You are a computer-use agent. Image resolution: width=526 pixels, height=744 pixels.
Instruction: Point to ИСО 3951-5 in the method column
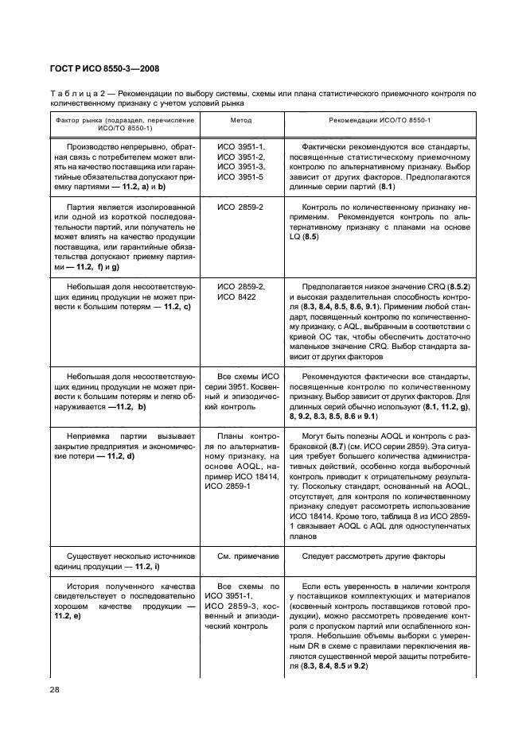(241, 176)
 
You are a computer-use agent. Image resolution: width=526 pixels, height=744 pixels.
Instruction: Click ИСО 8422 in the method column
(236, 296)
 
